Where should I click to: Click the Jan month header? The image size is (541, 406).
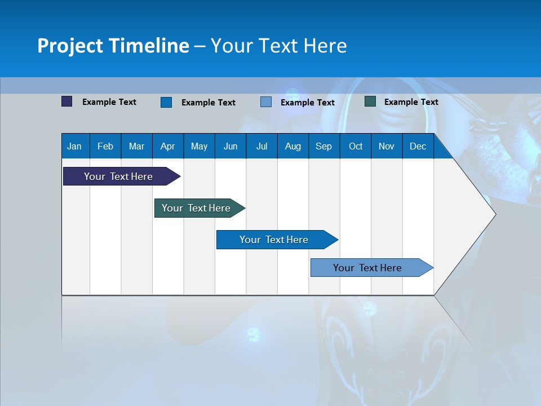(x=75, y=147)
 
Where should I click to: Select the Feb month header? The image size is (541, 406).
(x=105, y=147)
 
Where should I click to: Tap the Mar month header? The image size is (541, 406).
(x=136, y=147)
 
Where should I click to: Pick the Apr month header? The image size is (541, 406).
(x=168, y=147)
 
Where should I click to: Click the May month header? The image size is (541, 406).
(x=199, y=147)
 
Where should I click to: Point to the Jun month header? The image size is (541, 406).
(x=230, y=147)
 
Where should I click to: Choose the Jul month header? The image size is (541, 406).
(x=261, y=147)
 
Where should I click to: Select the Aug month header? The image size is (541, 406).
(x=293, y=147)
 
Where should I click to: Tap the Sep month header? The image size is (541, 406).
(x=324, y=147)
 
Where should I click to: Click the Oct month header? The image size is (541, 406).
(x=356, y=147)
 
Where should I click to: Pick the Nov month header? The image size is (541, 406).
(x=387, y=147)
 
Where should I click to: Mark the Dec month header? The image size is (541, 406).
(x=418, y=147)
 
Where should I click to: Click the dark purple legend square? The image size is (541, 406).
(x=67, y=101)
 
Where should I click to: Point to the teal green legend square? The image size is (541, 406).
(x=370, y=101)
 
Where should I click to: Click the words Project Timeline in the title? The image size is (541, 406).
(x=113, y=46)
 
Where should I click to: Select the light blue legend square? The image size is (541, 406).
(x=266, y=102)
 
